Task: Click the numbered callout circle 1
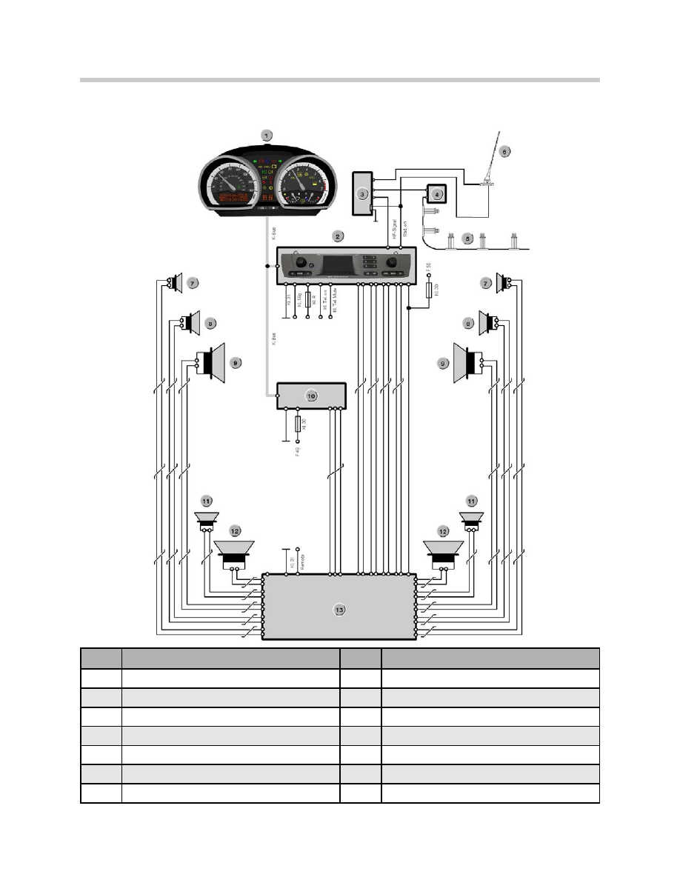point(267,136)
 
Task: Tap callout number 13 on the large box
point(339,610)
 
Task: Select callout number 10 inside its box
point(312,396)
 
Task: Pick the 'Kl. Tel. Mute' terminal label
point(333,304)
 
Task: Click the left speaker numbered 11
point(206,519)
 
